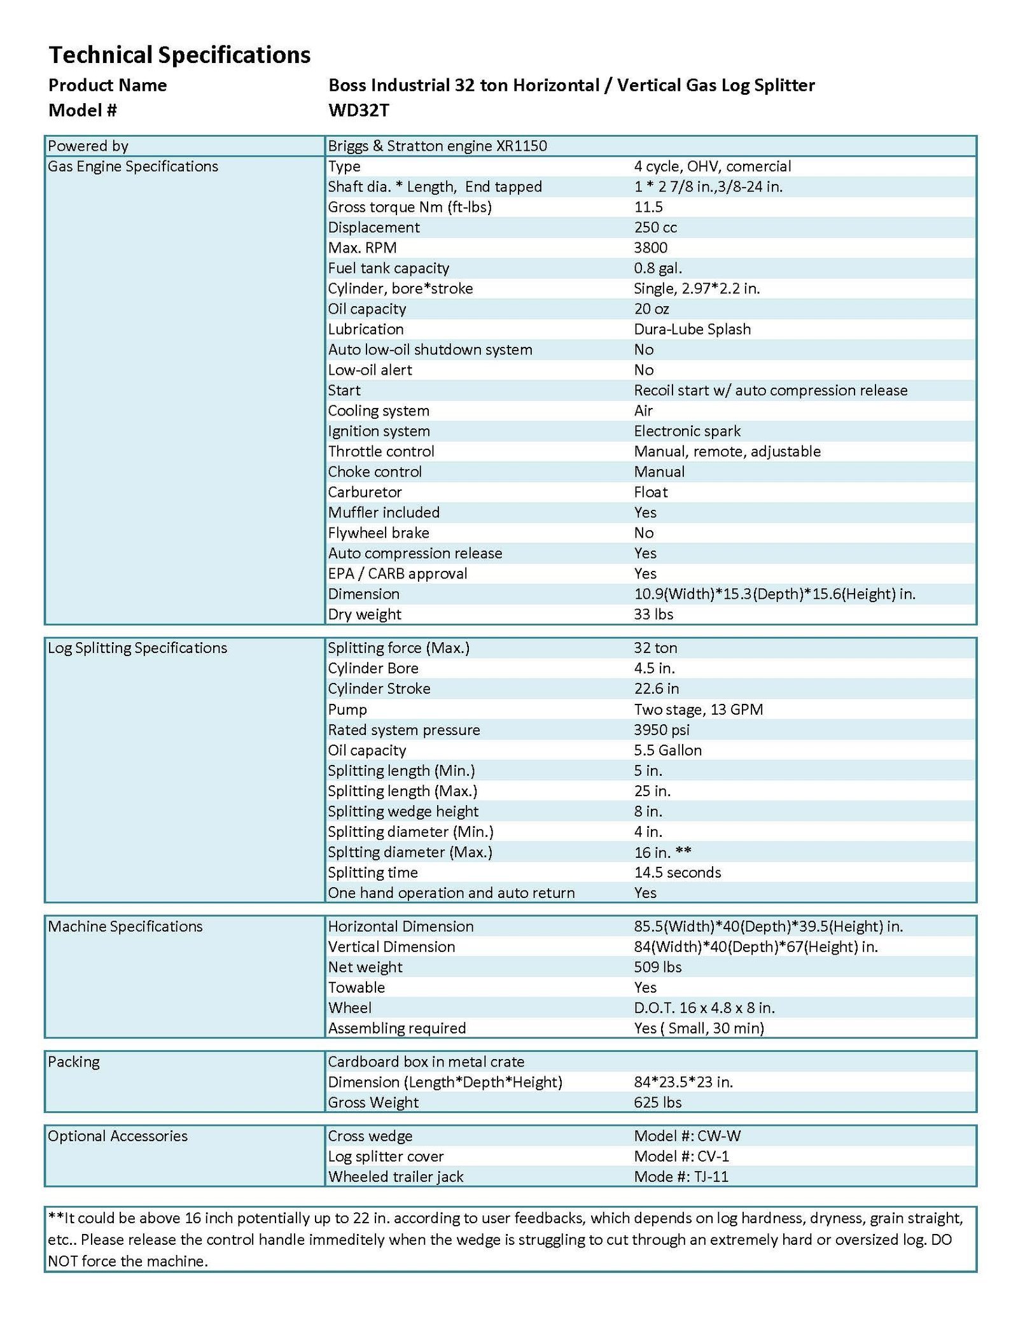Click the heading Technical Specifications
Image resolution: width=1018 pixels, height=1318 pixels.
179,55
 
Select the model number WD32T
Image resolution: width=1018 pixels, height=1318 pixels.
358,111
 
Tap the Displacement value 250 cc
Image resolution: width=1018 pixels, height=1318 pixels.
655,228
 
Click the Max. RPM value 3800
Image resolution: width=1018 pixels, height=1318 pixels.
650,248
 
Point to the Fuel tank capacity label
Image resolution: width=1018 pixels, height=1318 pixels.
388,269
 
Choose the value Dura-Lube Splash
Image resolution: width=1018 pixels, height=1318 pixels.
692,330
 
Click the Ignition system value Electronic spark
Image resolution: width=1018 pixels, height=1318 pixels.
687,431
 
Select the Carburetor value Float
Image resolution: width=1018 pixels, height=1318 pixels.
650,493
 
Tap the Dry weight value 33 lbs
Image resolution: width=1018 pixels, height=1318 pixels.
653,615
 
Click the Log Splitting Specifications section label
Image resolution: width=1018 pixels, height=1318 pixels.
137,648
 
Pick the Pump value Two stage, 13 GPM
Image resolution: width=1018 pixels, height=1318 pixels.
698,710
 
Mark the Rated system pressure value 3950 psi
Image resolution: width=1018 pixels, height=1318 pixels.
661,730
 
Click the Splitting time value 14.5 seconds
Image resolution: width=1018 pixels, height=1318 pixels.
677,873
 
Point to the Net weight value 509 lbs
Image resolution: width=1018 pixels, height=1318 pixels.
657,967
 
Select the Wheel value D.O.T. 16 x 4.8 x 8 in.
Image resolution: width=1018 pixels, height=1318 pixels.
704,1008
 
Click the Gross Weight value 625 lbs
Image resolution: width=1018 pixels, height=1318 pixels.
657,1103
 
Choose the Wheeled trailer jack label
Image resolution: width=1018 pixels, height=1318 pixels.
396,1177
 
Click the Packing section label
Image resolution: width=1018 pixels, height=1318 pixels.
74,1062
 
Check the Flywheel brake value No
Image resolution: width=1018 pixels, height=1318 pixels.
643,533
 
